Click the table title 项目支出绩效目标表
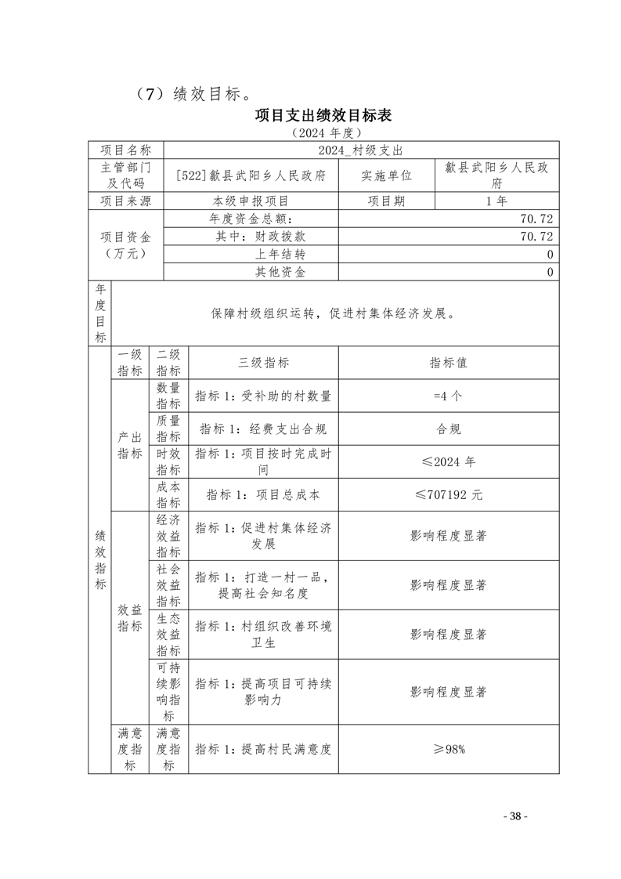coord(323,115)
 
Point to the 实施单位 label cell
coord(386,175)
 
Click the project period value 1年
coord(496,201)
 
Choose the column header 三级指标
coord(263,363)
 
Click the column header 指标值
coord(449,363)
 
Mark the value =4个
coord(448,396)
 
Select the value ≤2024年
coord(449,461)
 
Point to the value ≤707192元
coord(449,495)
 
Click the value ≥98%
coord(449,749)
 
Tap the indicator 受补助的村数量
coord(263,396)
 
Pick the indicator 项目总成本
coord(263,495)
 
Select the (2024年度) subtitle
coord(323,133)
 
